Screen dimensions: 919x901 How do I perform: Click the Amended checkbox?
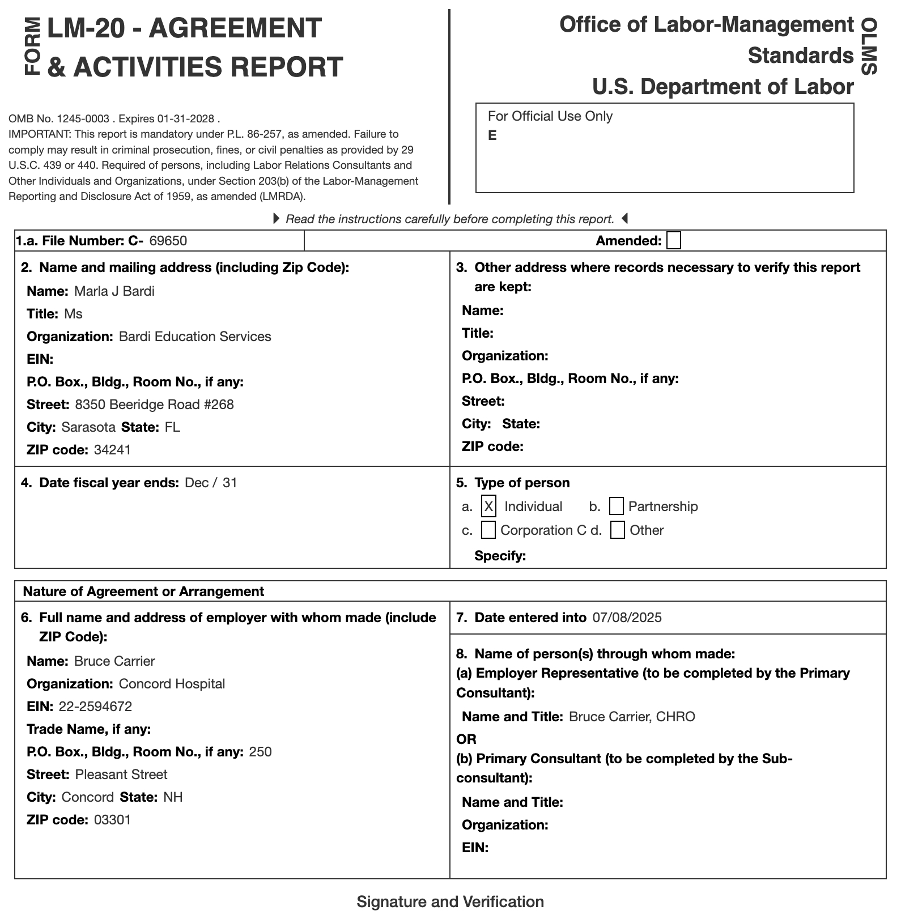(x=673, y=241)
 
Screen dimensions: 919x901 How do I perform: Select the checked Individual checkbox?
(x=488, y=506)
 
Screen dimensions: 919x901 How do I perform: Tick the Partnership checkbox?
(x=616, y=506)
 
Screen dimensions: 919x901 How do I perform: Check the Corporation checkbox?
(x=488, y=530)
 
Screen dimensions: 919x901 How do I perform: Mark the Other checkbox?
(x=618, y=530)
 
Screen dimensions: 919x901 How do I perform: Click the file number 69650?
(x=168, y=241)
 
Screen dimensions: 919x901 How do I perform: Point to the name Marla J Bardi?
(x=114, y=291)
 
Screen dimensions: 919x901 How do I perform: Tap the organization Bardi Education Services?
(x=195, y=337)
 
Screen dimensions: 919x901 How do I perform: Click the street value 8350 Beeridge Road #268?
(x=154, y=405)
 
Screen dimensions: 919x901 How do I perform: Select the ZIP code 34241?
(x=112, y=450)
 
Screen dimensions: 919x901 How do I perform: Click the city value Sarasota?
(x=88, y=427)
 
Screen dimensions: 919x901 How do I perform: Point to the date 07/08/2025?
(x=627, y=618)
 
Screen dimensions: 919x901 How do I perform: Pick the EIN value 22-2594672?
(x=95, y=707)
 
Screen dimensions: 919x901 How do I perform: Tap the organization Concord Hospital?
(x=172, y=684)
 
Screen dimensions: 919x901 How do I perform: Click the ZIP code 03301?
(x=112, y=820)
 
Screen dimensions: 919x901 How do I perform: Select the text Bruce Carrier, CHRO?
(x=632, y=717)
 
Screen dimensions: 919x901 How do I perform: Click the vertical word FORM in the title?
(x=32, y=46)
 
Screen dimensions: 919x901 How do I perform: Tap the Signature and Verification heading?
(x=450, y=902)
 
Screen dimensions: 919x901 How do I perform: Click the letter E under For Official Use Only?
(x=492, y=135)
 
